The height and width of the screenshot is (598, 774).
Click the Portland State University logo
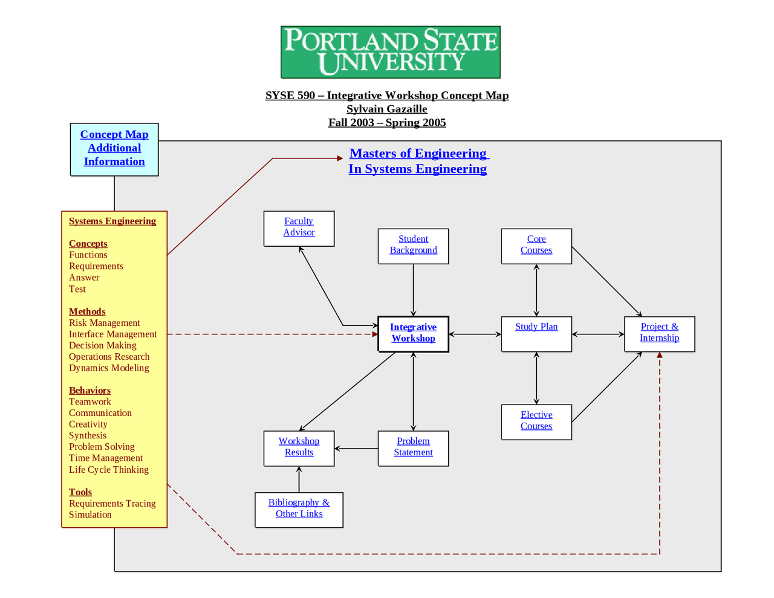[390, 52]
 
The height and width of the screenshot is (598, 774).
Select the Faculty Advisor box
[299, 228]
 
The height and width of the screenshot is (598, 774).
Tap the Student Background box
[413, 245]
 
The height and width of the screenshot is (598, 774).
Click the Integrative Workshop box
[413, 333]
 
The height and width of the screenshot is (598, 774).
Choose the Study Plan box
[536, 333]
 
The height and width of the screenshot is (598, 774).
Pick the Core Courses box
[536, 245]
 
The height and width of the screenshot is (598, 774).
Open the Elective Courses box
[536, 421]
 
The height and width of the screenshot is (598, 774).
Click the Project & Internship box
[659, 333]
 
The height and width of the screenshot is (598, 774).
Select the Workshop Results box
[299, 447]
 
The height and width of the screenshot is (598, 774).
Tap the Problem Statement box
[413, 447]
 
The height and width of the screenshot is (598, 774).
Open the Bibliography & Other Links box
[299, 509]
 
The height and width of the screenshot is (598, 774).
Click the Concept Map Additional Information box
[114, 149]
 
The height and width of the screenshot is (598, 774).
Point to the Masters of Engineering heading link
[418, 161]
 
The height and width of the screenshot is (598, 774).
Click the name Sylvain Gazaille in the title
[387, 109]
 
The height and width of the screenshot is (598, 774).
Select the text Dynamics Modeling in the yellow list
[109, 368]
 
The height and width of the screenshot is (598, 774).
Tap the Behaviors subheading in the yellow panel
[89, 391]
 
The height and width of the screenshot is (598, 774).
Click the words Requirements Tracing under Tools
[112, 504]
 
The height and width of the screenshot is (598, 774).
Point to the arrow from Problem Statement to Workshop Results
[356, 449]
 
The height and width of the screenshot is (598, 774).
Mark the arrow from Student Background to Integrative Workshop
[414, 290]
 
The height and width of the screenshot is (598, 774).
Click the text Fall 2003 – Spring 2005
[387, 123]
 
